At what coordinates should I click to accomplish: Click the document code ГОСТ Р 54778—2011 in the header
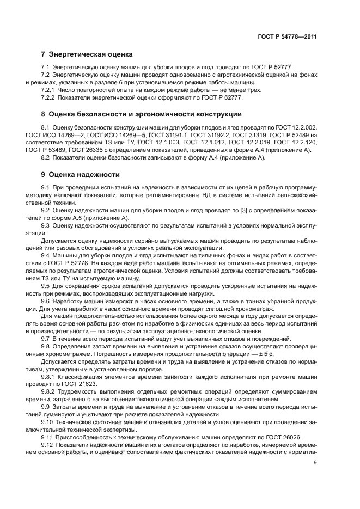pyautogui.click(x=287, y=36)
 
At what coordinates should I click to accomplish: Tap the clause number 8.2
pyautogui.click(x=46, y=158)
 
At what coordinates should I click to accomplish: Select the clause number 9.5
pyautogui.click(x=46, y=286)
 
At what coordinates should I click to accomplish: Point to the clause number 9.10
pyautogui.click(x=48, y=422)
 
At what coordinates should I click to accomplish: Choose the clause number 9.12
pyautogui.click(x=48, y=444)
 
